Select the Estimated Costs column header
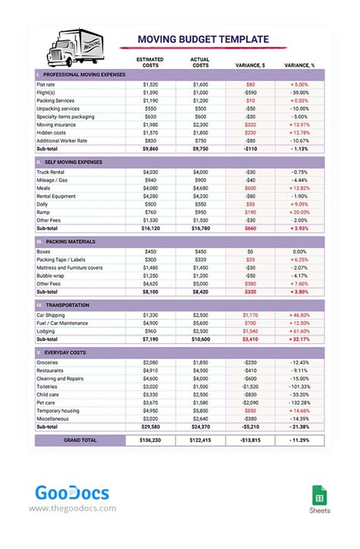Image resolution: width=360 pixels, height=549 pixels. [x=150, y=62]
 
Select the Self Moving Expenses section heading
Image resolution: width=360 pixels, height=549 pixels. [x=73, y=162]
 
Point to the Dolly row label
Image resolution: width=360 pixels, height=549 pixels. [x=43, y=204]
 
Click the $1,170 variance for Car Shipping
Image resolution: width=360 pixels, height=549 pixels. [x=250, y=314]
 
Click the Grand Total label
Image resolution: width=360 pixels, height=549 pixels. [x=81, y=440]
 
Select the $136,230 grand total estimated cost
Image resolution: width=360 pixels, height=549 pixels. [x=150, y=440]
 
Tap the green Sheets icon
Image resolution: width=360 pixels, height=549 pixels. [x=320, y=497]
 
